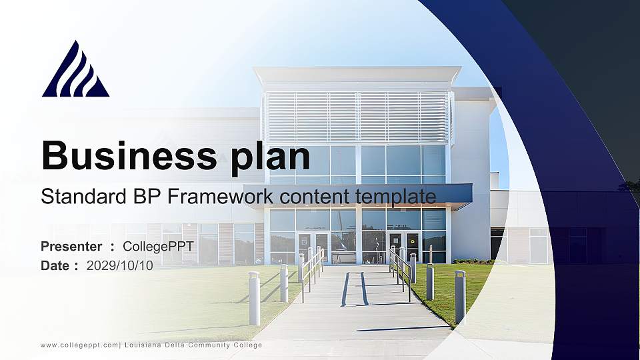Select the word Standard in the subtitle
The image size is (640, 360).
tap(75, 197)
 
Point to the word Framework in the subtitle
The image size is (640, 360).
tap(220, 197)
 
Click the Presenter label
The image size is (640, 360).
tap(71, 247)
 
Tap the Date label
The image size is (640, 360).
tap(55, 265)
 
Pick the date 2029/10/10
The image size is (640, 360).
tap(120, 265)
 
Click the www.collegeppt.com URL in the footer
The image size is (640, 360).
tap(79, 345)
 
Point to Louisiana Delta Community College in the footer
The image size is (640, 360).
tap(193, 345)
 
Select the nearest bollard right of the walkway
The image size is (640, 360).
tap(460, 297)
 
